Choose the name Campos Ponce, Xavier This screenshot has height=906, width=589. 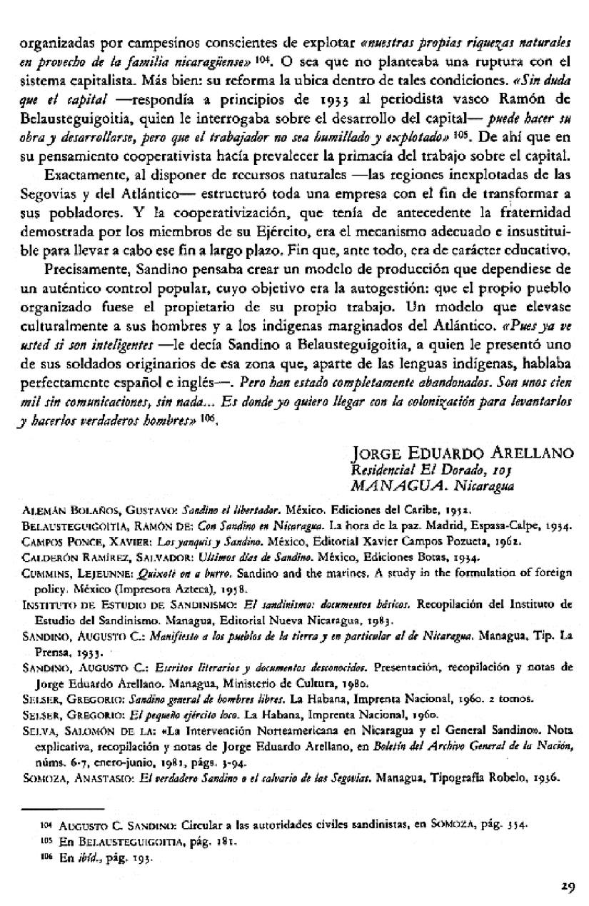[89, 538]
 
